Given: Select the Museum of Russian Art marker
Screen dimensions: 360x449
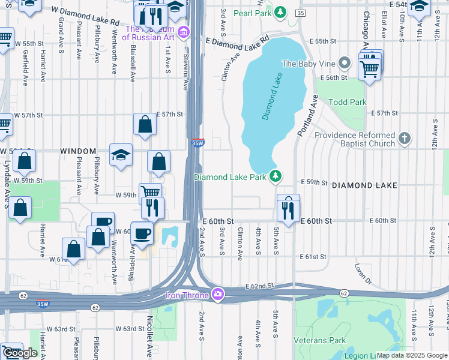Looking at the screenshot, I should tap(184, 31).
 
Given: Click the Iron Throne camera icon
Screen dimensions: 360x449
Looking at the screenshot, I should tap(218, 295).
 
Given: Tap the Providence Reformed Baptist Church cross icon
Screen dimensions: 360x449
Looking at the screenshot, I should tap(405, 139).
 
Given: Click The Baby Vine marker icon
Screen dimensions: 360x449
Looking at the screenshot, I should tap(344, 63).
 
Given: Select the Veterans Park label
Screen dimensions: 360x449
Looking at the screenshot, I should tap(320, 340).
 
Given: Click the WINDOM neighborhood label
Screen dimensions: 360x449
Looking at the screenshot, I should tap(79, 151).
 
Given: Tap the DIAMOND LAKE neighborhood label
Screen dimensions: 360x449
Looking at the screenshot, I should tap(364, 185).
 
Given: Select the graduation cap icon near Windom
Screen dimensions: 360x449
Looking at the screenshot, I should tap(121, 154).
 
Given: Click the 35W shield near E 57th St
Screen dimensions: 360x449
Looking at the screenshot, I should tap(198, 143).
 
